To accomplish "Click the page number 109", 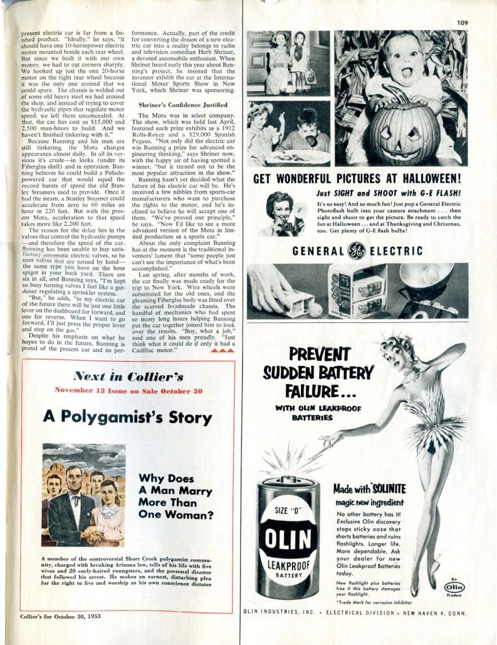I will [x=462, y=23].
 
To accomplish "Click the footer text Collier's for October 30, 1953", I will [x=57, y=616].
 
